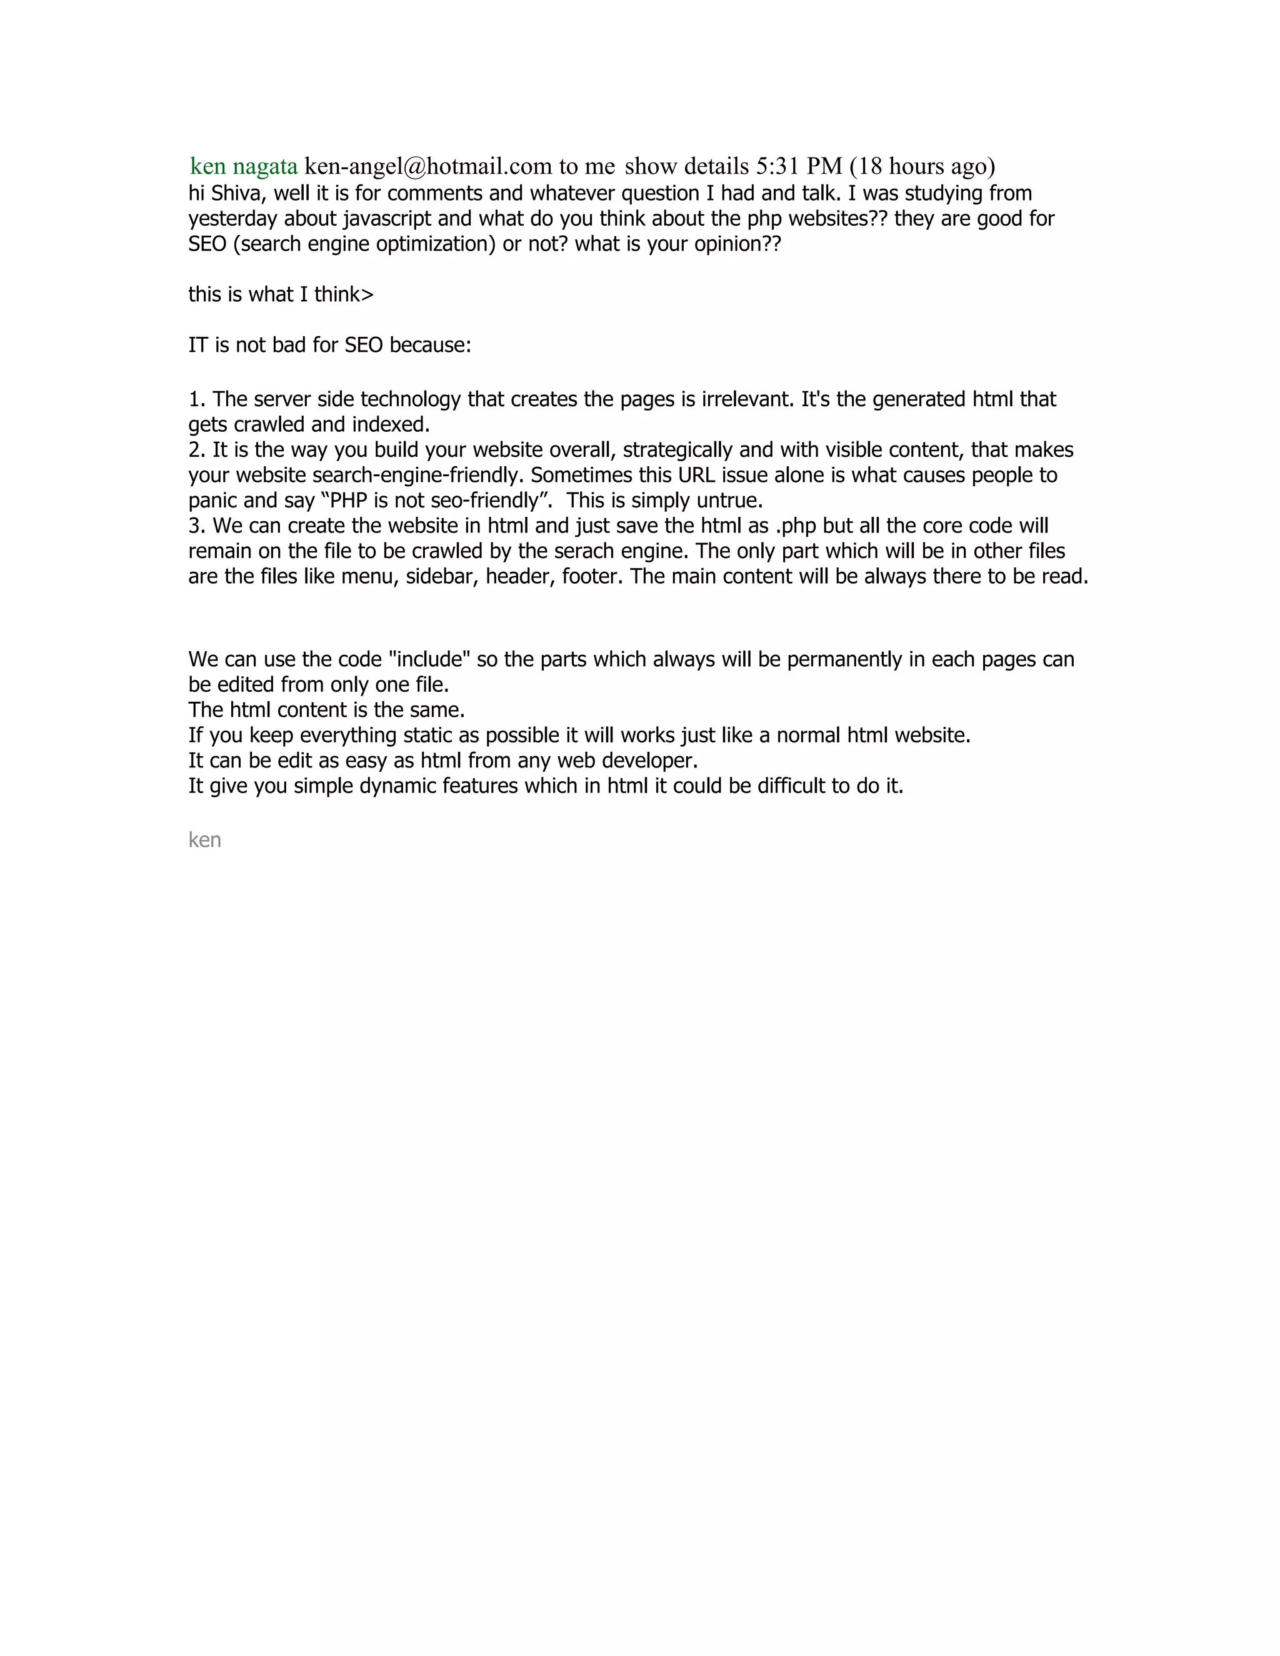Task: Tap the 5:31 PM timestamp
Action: click(x=799, y=166)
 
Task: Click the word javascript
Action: click(x=387, y=219)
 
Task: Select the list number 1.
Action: click(x=196, y=399)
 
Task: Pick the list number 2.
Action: click(x=196, y=451)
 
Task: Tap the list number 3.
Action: click(x=196, y=526)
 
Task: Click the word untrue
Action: click(x=728, y=501)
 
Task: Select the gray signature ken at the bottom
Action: click(x=205, y=840)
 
